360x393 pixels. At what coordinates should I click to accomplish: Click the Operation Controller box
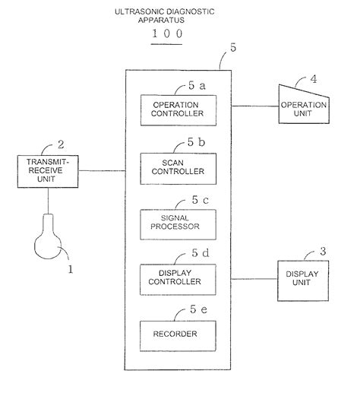pos(178,109)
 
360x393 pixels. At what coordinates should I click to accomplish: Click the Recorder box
pos(178,334)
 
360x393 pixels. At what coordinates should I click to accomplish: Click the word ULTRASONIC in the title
pos(139,11)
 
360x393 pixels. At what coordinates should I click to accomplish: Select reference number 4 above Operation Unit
pos(314,78)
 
